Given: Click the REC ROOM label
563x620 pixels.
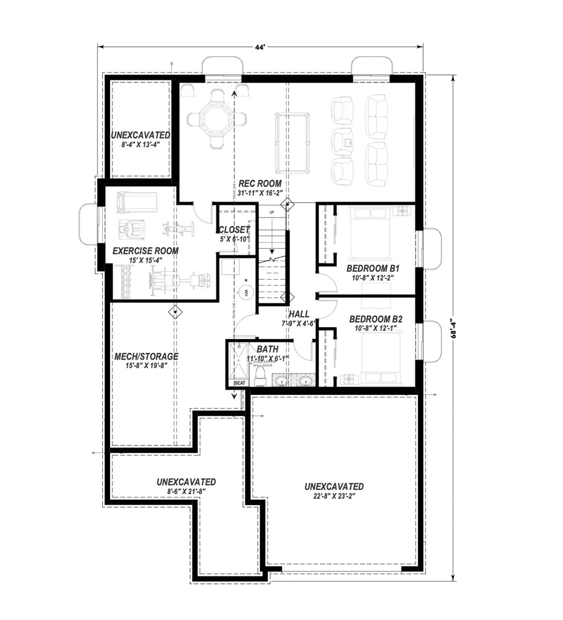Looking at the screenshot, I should [259, 183].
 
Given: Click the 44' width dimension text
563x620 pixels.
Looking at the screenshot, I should [260, 47].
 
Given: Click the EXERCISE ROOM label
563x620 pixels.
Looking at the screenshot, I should [145, 250].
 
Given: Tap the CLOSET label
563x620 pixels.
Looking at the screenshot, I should [234, 230].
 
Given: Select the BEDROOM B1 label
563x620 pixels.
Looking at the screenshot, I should [369, 268].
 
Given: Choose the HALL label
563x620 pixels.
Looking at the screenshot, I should [299, 314].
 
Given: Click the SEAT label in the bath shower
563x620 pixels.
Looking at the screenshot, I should [240, 383].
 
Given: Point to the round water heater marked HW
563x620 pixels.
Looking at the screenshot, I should [246, 292].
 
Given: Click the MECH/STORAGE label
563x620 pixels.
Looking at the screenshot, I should [146, 356].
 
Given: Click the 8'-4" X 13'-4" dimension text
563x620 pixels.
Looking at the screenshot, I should [140, 145].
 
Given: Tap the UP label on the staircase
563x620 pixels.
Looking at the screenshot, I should [272, 213].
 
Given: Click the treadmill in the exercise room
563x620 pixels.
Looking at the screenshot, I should [137, 201].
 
